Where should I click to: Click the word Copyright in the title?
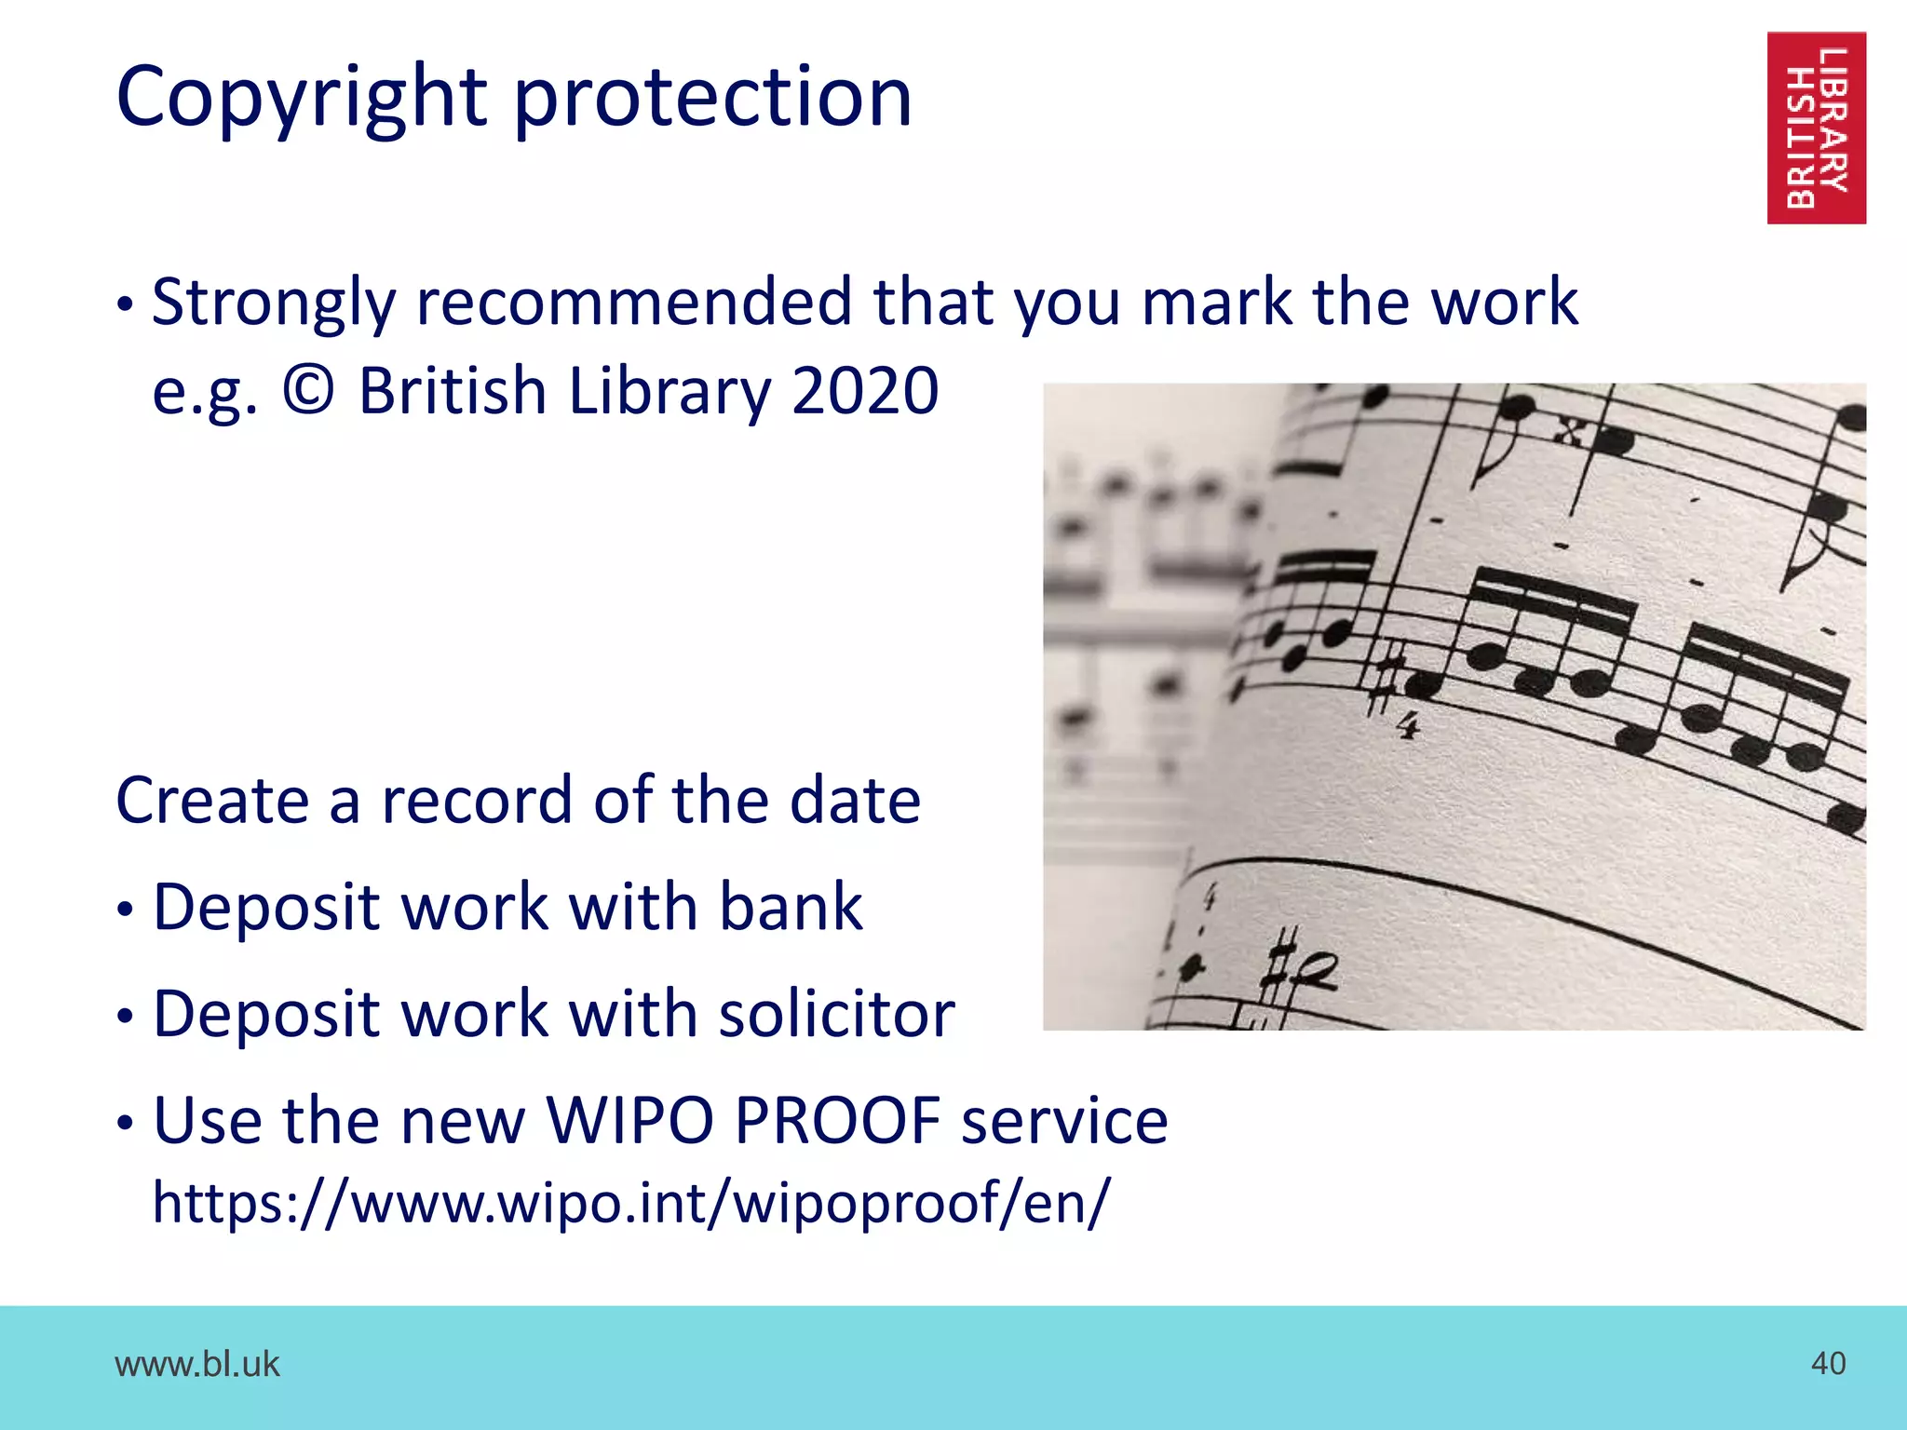point(302,98)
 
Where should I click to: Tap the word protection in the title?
point(712,98)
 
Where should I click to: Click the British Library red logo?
point(1816,128)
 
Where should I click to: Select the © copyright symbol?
point(308,391)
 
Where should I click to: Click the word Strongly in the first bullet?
point(274,303)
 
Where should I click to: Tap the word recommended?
point(633,303)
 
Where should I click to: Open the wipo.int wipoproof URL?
point(631,1203)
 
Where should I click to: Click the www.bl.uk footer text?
point(196,1364)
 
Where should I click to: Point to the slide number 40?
point(1828,1363)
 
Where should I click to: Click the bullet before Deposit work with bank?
point(126,911)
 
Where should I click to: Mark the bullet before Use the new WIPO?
point(126,1125)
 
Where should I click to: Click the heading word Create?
point(211,801)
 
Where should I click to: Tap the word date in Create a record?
point(855,801)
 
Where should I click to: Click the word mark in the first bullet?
point(1217,303)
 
